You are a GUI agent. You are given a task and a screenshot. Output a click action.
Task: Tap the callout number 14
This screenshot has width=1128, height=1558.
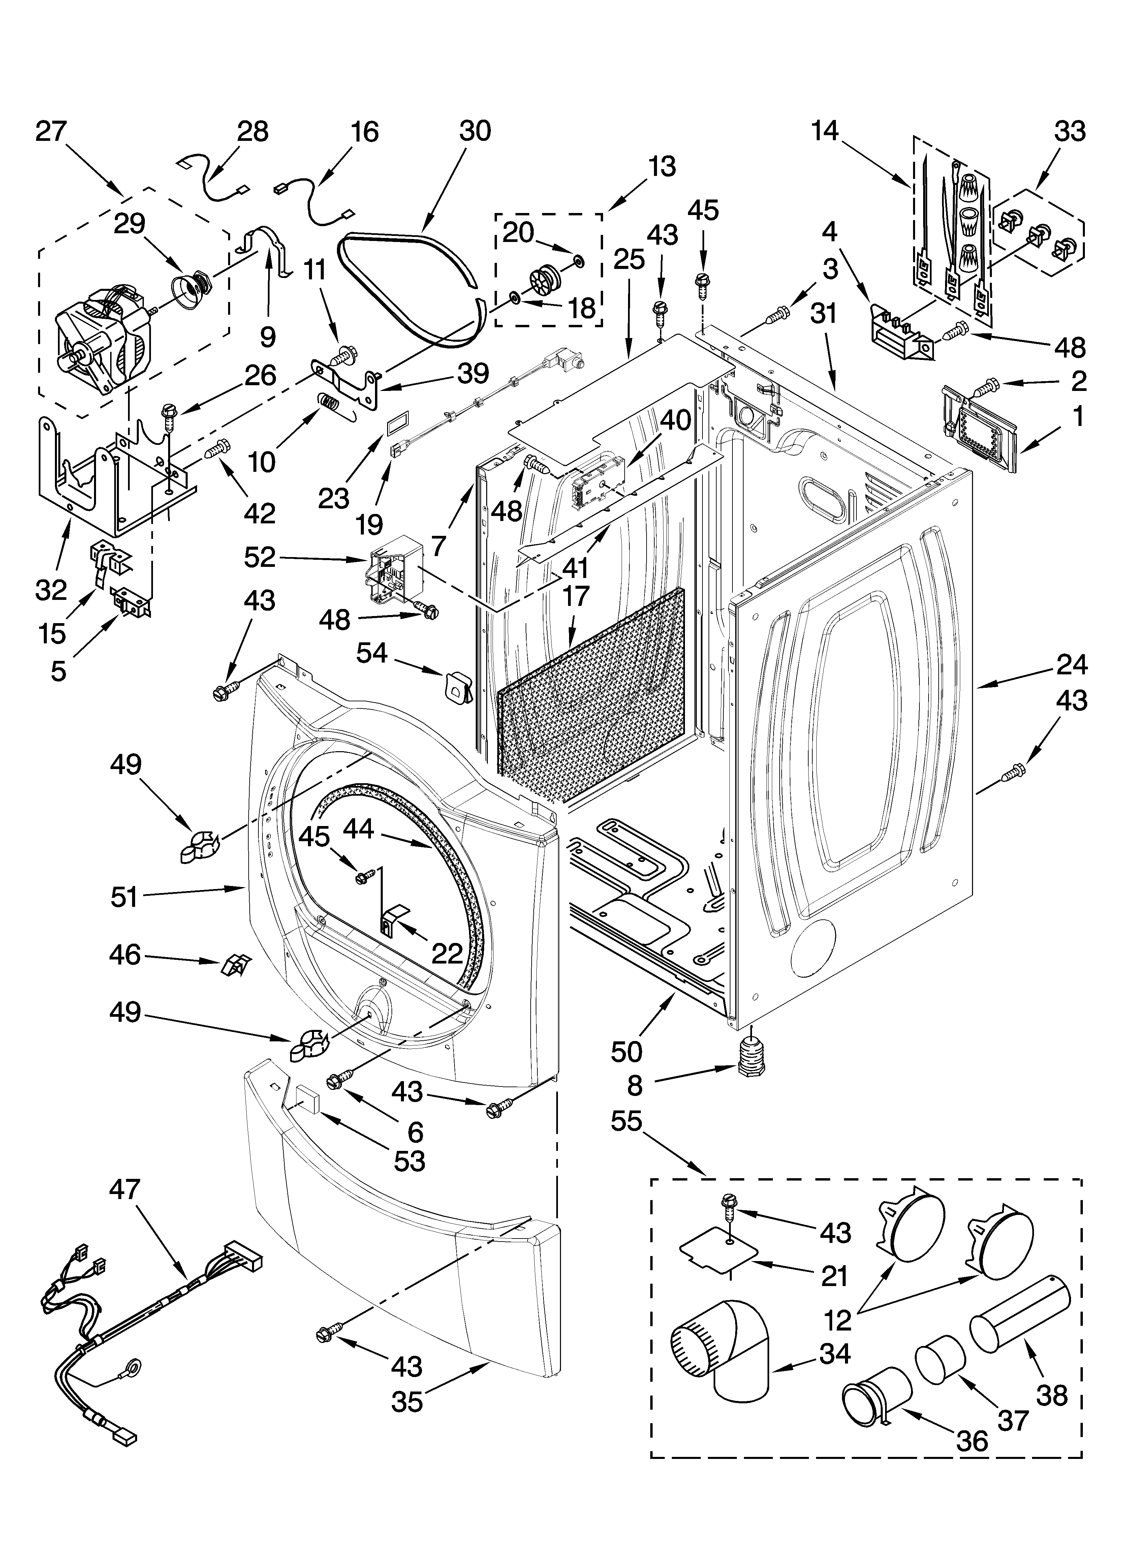click(x=824, y=130)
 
